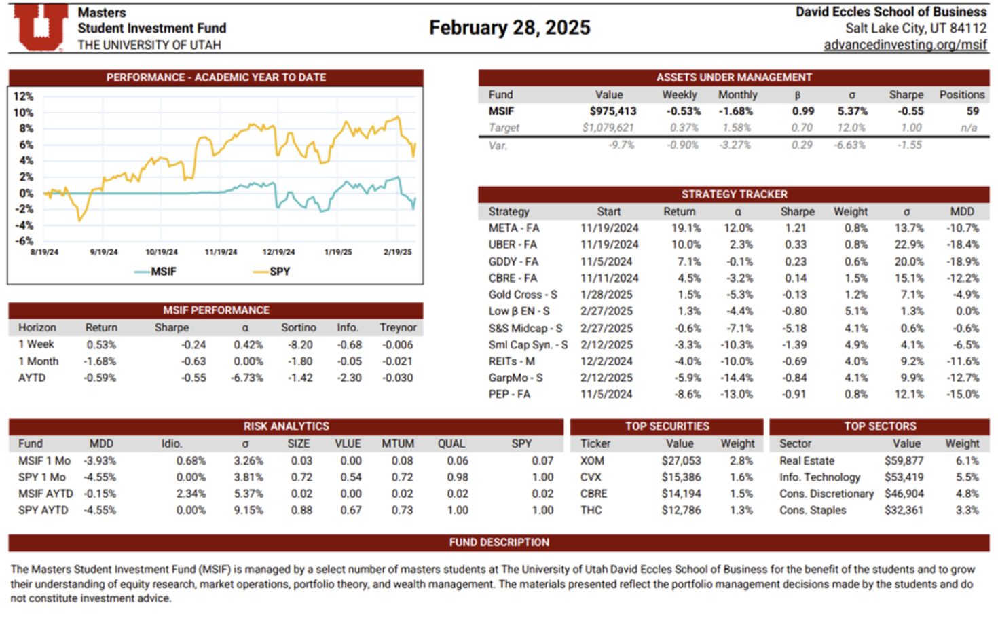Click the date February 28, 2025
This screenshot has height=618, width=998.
tap(509, 28)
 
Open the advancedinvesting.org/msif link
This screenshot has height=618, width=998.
tap(905, 45)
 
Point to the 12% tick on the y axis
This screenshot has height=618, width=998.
tap(23, 96)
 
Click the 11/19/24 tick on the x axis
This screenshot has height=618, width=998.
tap(221, 252)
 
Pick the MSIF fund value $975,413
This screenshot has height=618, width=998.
tap(612, 111)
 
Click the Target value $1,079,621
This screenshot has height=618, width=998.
tap(608, 128)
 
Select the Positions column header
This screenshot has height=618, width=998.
tap(961, 95)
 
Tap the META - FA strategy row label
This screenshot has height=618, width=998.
tap(514, 228)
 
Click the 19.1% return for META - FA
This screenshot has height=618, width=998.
tap(686, 228)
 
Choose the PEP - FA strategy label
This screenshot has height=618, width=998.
tap(509, 394)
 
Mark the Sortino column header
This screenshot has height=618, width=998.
tap(299, 327)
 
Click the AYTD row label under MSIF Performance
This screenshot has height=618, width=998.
tap(32, 378)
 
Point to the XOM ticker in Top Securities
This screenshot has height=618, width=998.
tap(592, 460)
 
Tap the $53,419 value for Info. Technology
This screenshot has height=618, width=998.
tap(904, 477)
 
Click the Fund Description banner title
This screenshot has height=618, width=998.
tap(499, 542)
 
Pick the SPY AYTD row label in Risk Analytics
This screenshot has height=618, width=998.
tap(43, 510)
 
